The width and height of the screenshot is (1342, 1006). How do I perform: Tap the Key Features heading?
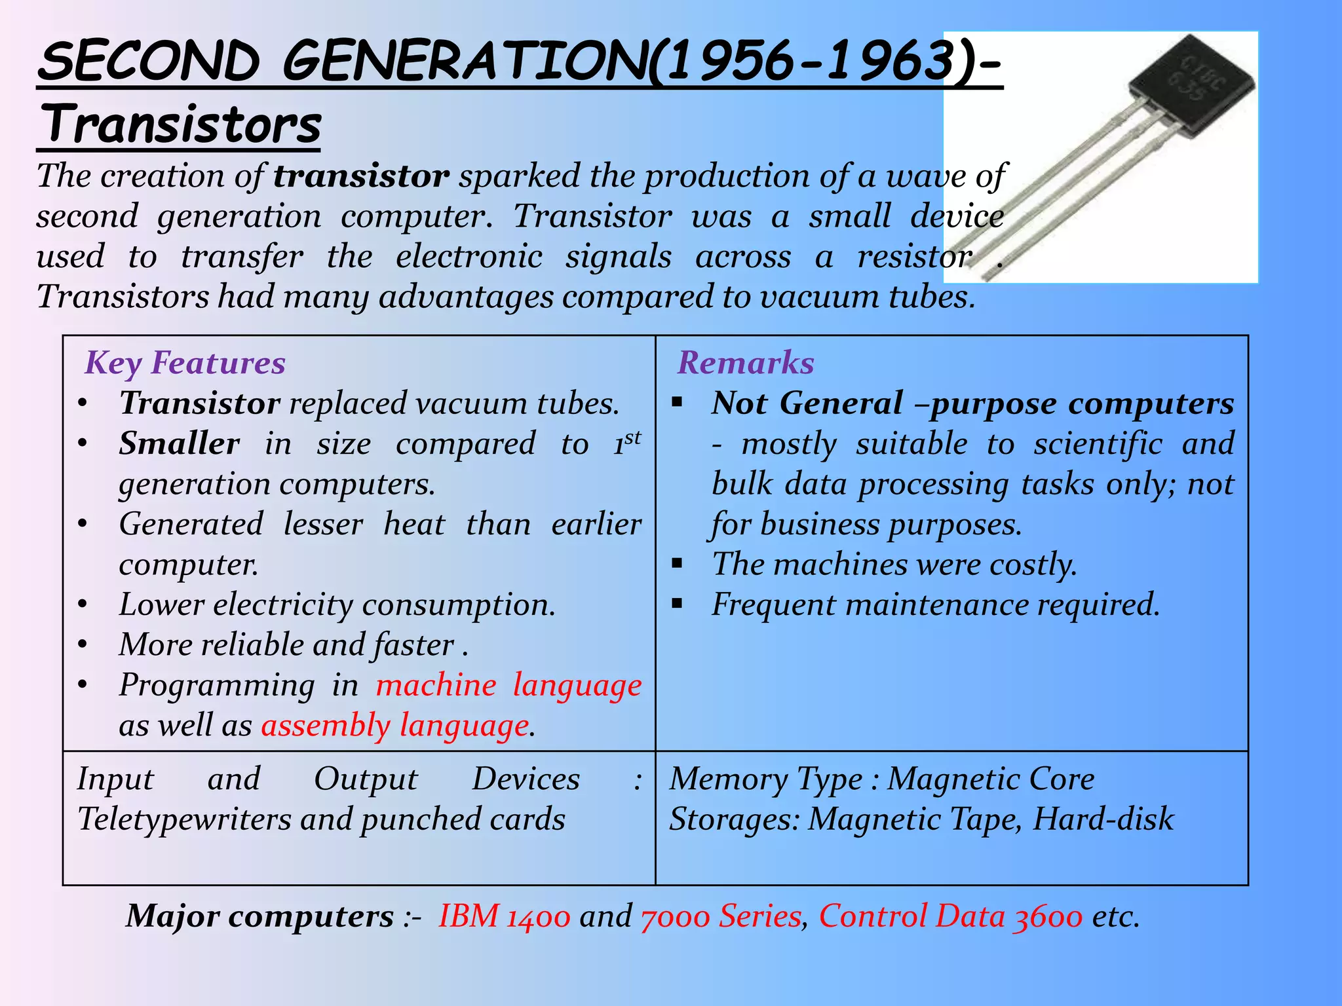(185, 363)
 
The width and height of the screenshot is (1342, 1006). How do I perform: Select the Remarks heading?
(746, 363)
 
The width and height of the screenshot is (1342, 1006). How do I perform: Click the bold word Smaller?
(179, 443)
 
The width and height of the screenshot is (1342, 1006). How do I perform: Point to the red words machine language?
(508, 685)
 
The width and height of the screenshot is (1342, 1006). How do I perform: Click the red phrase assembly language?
(395, 726)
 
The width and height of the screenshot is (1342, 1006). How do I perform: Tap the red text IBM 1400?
(504, 916)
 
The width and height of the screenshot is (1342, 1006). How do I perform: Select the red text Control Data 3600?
(950, 916)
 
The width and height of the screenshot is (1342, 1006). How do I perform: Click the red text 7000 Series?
(721, 916)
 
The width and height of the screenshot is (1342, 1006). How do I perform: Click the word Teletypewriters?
(184, 819)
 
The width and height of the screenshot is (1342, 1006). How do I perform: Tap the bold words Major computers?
(259, 916)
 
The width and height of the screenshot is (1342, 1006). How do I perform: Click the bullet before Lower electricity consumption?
(82, 605)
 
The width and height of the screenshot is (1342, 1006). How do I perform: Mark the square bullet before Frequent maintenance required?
(678, 603)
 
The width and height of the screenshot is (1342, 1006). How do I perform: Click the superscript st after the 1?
(632, 438)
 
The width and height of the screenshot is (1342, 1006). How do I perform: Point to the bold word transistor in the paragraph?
(361, 176)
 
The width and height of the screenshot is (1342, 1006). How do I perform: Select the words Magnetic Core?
(990, 779)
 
